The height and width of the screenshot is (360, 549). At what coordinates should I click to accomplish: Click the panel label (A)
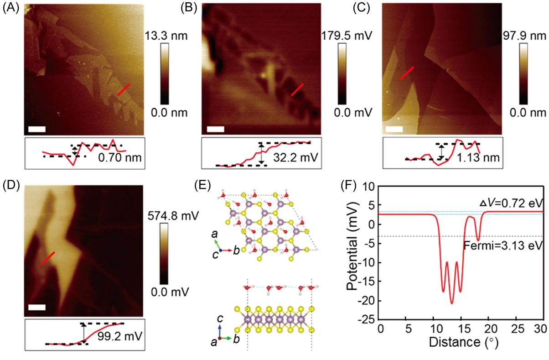10,7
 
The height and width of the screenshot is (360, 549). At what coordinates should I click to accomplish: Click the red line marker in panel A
124,89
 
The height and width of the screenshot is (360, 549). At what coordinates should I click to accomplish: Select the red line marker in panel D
48,258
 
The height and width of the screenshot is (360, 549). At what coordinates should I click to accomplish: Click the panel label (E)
202,187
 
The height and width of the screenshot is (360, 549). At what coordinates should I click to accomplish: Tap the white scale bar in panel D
37,307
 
